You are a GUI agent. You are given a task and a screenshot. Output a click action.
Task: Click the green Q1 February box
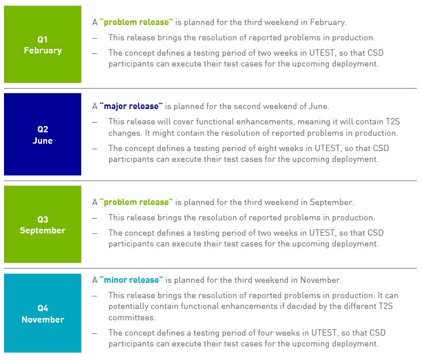click(x=43, y=44)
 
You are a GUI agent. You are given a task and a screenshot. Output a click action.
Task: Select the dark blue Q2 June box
click(x=43, y=134)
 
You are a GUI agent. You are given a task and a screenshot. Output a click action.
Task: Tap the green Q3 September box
click(x=43, y=224)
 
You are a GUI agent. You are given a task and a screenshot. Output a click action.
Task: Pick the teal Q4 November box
click(x=43, y=313)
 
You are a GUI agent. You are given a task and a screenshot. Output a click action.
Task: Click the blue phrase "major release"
click(x=131, y=106)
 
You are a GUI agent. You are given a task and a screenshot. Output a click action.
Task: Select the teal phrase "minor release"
click(x=131, y=280)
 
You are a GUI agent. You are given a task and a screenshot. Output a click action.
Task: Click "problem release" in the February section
click(x=136, y=22)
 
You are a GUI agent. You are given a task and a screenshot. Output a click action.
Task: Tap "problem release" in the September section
click(x=136, y=202)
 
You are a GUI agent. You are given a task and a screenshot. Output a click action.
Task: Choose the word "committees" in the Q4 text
click(x=132, y=318)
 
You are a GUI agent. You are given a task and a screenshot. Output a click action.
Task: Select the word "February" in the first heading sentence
click(x=328, y=22)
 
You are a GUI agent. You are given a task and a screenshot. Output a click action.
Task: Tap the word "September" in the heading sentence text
click(x=332, y=202)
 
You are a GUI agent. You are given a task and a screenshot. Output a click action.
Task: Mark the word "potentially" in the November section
click(x=128, y=307)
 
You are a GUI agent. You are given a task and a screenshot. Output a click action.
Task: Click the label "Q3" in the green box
click(x=43, y=220)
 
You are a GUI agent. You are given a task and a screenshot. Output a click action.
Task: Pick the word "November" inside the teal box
click(x=43, y=320)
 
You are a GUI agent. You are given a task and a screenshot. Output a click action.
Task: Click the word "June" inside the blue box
click(x=43, y=141)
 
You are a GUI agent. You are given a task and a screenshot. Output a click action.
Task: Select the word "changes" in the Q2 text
click(x=126, y=133)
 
